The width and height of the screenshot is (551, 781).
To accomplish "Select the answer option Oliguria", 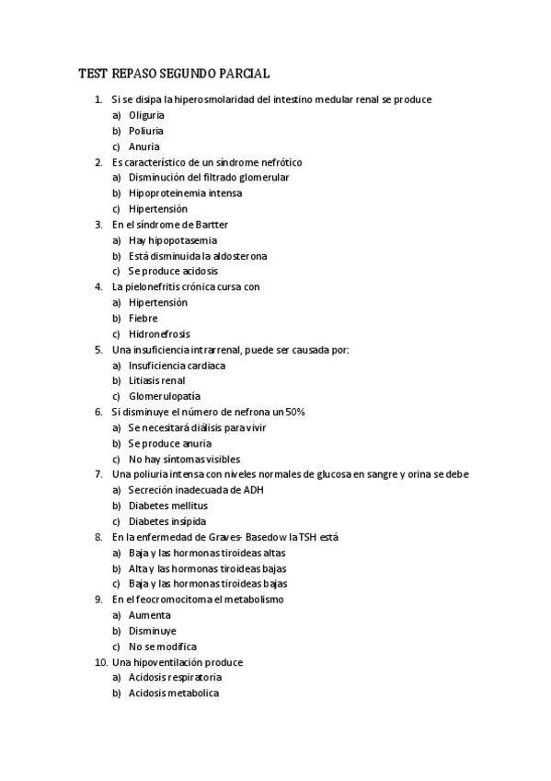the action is click(146, 115).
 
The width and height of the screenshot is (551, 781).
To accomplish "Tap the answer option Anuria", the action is click(143, 146).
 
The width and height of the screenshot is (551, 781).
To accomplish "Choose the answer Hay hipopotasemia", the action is click(173, 240).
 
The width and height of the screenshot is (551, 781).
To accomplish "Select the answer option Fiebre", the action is click(143, 319).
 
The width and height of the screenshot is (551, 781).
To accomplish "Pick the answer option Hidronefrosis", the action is click(158, 334).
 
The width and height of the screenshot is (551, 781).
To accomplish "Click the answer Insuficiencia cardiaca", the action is click(177, 366).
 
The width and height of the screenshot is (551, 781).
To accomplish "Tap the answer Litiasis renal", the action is click(156, 380).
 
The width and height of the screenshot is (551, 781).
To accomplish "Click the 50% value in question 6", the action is click(293, 412).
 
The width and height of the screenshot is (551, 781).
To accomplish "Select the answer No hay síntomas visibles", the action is click(184, 459).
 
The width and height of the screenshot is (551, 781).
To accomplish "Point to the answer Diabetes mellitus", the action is click(167, 506).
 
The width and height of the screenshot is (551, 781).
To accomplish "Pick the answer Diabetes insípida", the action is click(167, 521).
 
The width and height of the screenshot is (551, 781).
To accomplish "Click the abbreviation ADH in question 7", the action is click(252, 490).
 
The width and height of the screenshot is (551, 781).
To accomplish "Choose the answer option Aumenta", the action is click(149, 615).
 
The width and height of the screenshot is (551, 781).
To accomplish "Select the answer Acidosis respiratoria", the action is click(175, 677).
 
